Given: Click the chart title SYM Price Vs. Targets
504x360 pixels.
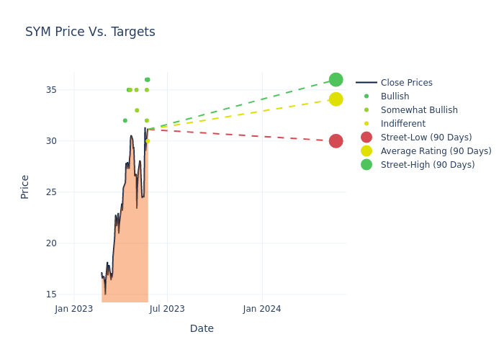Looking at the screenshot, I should pos(90,32).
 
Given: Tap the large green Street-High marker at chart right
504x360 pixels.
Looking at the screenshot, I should pos(336,80).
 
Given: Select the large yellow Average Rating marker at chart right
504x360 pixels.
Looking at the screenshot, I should pos(336,99).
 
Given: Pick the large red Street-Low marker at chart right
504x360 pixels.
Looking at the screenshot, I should pos(336,141).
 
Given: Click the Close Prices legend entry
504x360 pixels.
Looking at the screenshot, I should pos(406,83).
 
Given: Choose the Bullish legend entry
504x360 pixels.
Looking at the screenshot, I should pos(395,96).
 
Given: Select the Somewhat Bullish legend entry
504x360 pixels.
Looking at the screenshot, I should pos(418,110).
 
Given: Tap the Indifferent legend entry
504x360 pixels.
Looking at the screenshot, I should pos(402,124).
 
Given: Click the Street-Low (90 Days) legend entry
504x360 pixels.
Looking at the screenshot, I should pos(426,138).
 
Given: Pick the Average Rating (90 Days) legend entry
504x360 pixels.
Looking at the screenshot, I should pos(436,151).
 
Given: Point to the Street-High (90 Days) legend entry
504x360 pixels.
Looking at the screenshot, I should pos(428,165).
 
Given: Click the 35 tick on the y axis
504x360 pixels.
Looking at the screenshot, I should pos(61,90).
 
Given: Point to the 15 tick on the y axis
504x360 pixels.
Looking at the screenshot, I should pos(61,294).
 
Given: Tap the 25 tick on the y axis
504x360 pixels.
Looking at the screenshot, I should pos(61,192).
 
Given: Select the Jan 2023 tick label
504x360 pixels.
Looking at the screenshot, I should pos(74,309).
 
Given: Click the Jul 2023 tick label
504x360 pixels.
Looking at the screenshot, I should pos(167,309).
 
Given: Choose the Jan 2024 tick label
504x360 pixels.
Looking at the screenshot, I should pos(262,309).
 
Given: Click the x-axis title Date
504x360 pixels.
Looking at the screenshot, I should pos(202,328).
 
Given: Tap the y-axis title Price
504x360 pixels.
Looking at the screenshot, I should pos(25,186).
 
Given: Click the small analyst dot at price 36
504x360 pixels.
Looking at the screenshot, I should pos(147,80).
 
